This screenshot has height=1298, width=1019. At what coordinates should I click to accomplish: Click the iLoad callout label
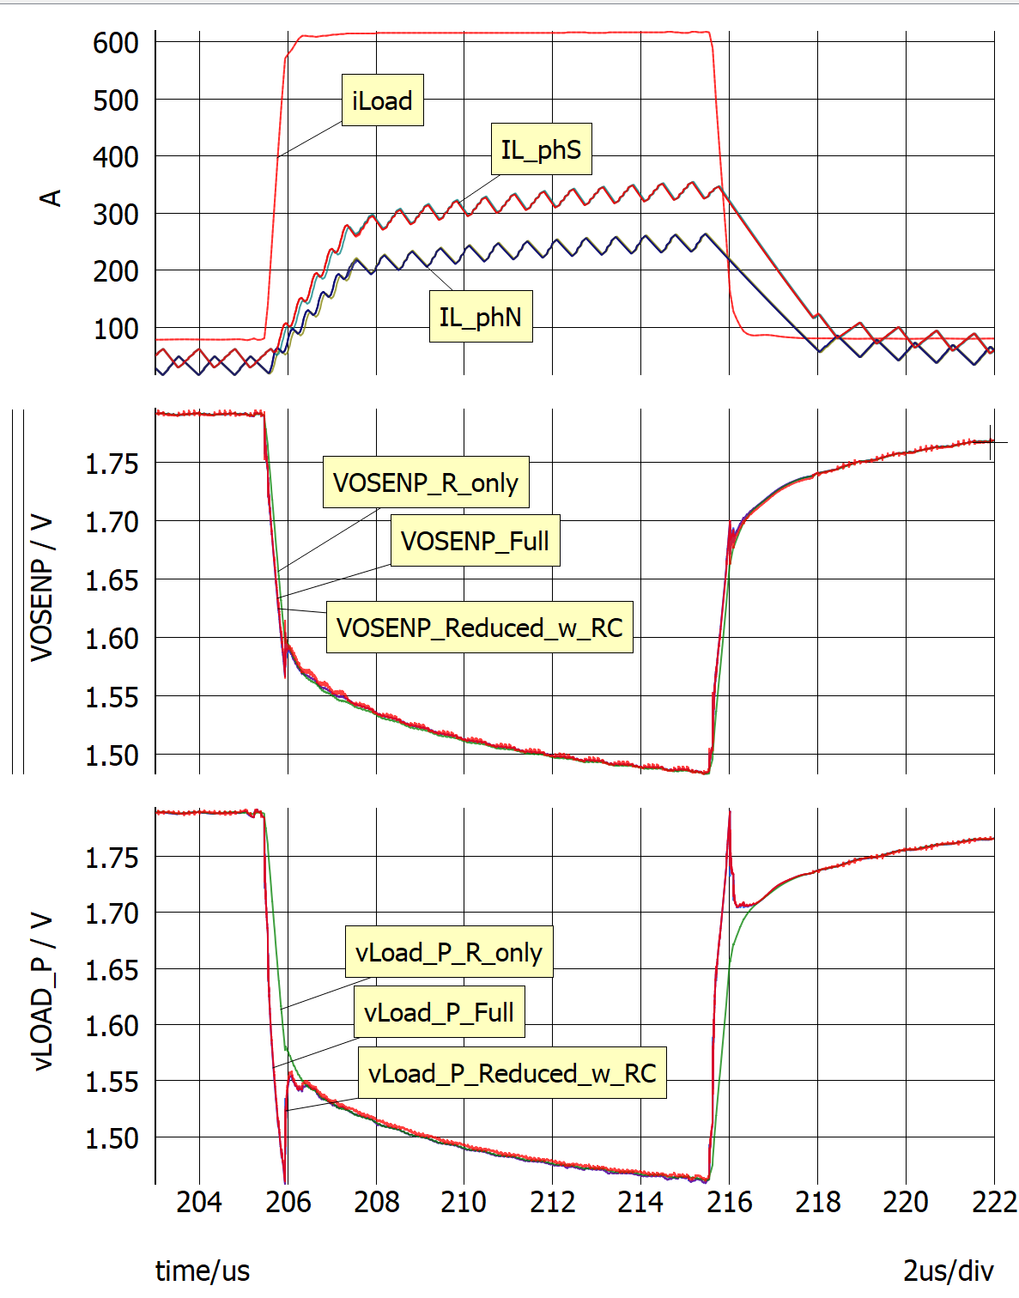(382, 100)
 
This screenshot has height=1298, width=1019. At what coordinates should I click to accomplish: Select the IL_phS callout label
(541, 149)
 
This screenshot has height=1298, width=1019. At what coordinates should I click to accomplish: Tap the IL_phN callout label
(481, 317)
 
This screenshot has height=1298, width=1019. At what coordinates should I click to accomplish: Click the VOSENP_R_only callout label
(426, 482)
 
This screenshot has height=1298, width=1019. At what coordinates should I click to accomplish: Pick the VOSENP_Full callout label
(475, 541)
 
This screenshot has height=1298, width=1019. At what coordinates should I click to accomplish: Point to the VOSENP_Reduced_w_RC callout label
(480, 628)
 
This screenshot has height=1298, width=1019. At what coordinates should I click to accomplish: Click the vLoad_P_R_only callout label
(449, 952)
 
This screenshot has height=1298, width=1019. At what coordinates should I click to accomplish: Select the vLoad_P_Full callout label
(439, 1012)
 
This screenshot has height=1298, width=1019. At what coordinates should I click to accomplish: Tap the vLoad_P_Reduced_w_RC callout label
(512, 1073)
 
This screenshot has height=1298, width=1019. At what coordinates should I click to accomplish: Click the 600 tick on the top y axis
(116, 43)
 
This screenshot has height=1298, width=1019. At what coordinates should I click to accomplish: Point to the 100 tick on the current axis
(116, 329)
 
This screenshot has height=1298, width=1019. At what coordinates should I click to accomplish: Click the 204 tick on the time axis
(199, 1202)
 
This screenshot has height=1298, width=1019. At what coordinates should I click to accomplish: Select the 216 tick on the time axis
(729, 1202)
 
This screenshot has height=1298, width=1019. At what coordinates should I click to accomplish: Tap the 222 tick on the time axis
(994, 1202)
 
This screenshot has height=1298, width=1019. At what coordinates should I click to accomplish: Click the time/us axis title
(203, 1271)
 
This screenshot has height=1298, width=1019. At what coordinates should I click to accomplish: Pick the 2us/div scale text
(948, 1271)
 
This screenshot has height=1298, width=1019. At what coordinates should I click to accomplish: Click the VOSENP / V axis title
(41, 589)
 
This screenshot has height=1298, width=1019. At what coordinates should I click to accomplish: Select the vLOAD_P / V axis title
(41, 992)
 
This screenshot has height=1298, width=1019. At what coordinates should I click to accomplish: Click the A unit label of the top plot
(52, 198)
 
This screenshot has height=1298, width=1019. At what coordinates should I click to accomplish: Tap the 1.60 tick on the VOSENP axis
(112, 640)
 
